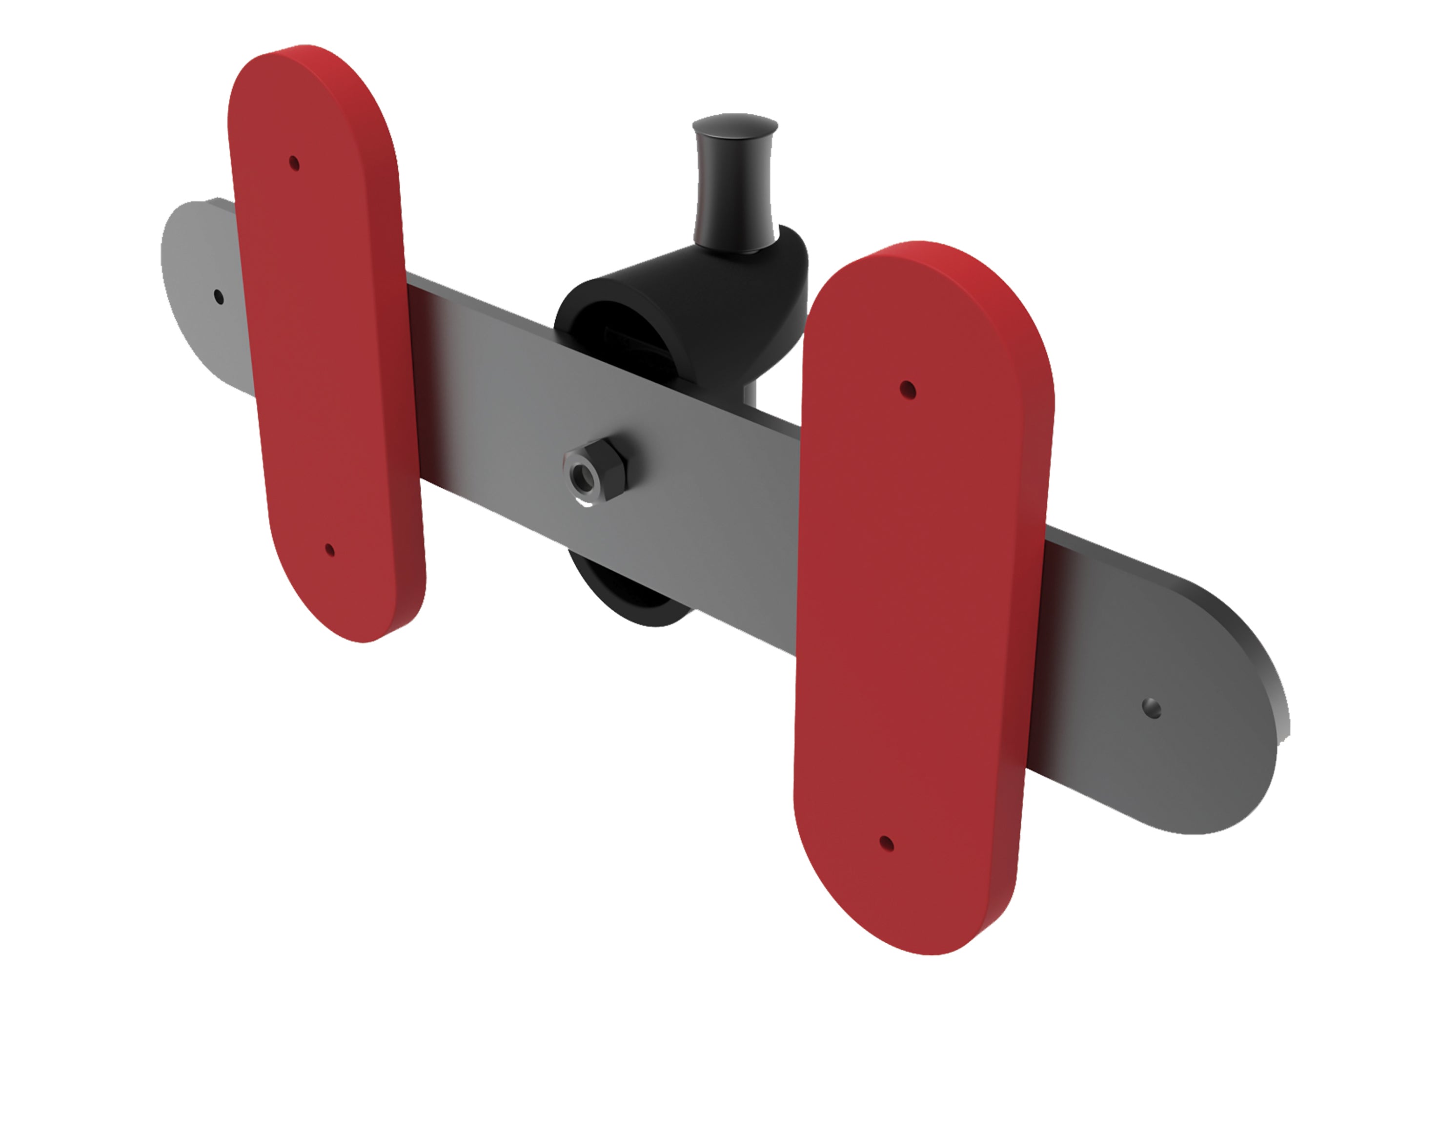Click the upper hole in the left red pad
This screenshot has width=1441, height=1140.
294,163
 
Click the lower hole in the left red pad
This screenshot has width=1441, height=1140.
329,550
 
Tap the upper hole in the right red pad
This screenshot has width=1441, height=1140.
907,389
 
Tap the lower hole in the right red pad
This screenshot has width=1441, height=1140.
887,843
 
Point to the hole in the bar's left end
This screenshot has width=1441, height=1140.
218,296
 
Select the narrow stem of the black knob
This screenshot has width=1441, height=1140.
734,193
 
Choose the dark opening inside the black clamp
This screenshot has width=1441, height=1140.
620,327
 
